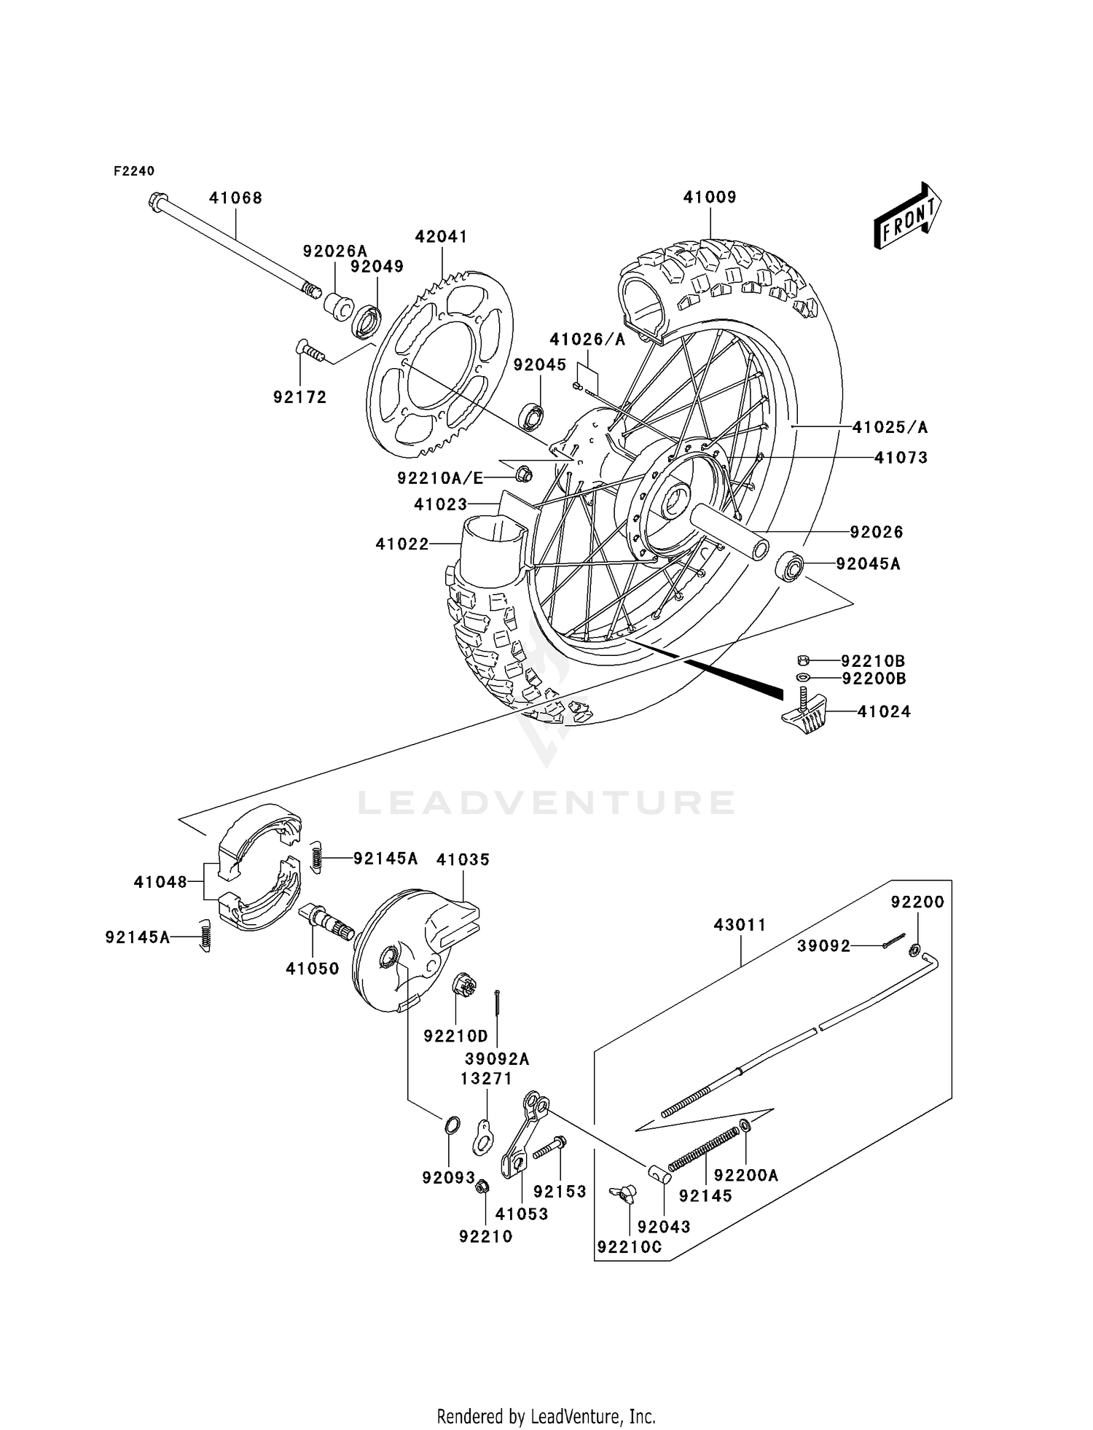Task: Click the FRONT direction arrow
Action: point(908,217)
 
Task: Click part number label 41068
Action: point(235,198)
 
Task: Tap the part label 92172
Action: point(299,397)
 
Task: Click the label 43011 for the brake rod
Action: point(740,925)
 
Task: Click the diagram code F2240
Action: point(134,171)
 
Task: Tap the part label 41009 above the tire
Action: point(709,198)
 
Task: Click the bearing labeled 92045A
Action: point(789,567)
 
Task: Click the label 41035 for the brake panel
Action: point(463,859)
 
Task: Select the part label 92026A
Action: point(334,251)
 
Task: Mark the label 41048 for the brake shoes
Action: point(160,883)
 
